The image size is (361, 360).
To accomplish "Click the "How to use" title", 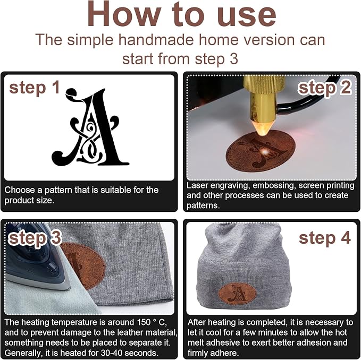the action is (x=181, y=14).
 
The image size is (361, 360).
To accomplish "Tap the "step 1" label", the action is (x=35, y=88).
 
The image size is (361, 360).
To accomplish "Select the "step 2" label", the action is (x=325, y=88).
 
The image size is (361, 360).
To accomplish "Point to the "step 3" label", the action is (x=35, y=238).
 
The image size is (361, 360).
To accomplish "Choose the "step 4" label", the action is (x=325, y=238).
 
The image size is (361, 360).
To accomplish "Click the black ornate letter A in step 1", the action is (x=90, y=127).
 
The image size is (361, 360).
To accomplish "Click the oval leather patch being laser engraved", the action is (x=261, y=151).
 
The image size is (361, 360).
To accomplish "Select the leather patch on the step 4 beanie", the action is (x=237, y=294).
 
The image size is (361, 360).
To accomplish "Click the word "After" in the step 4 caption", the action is (x=198, y=322).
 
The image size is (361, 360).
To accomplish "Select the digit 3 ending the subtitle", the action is (x=234, y=59).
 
